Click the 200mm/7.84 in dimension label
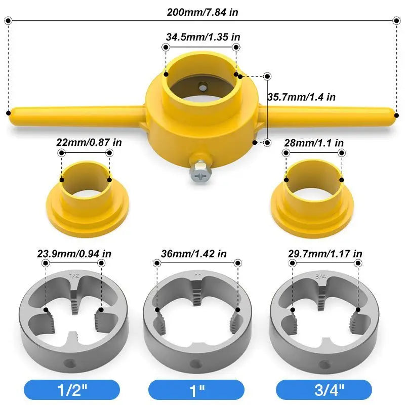(x=202, y=12)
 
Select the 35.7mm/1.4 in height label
(x=302, y=97)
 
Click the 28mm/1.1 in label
(x=314, y=143)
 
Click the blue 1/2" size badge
(x=72, y=390)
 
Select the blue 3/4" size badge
(x=324, y=390)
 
